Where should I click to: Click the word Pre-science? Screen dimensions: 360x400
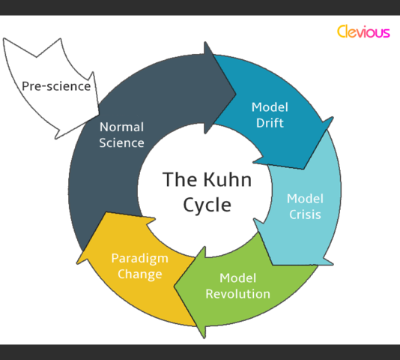[x=56, y=86]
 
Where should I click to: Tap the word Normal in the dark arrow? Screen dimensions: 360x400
[x=121, y=127]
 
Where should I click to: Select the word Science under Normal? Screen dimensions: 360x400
[x=121, y=142]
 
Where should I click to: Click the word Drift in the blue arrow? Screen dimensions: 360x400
[x=268, y=123]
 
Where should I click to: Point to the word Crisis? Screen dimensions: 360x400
[x=305, y=214]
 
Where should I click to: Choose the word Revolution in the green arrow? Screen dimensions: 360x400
[x=238, y=293]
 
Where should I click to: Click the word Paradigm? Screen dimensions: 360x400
[x=139, y=258]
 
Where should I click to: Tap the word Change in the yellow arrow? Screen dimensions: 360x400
[x=139, y=274]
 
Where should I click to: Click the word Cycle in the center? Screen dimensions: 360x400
[x=207, y=204]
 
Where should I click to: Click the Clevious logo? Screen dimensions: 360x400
[x=363, y=32]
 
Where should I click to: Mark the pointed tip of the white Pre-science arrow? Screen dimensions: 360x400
[x=58, y=138]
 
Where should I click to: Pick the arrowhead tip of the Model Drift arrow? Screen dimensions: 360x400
[x=309, y=168]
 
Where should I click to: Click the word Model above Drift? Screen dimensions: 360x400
[x=268, y=106]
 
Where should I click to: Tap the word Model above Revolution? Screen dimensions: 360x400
[x=238, y=277]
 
